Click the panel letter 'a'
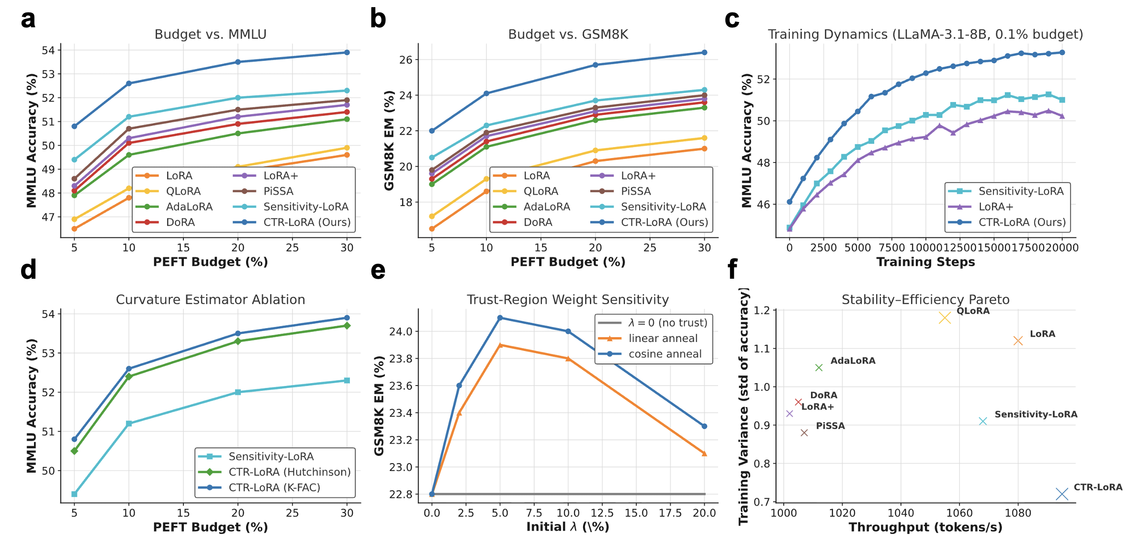click(28, 20)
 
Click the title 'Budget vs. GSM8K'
click(568, 34)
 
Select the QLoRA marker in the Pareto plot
click(945, 318)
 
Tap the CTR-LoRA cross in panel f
click(1062, 494)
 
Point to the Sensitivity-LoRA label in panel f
click(1035, 414)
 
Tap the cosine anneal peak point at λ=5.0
click(500, 318)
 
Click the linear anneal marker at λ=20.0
click(704, 454)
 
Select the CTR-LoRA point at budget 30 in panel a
click(347, 52)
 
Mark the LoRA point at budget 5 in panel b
click(432, 229)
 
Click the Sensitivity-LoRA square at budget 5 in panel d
click(74, 494)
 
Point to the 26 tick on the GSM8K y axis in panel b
click(406, 60)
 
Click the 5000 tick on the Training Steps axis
click(857, 248)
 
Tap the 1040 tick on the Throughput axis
click(900, 513)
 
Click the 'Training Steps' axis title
click(925, 262)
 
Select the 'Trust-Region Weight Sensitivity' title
click(568, 300)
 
